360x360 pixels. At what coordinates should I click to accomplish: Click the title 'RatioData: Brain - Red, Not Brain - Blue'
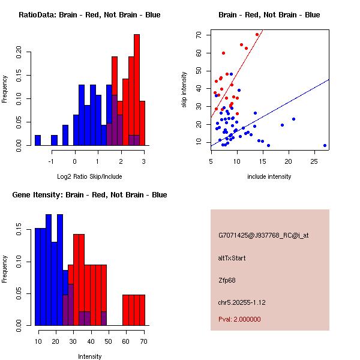(89, 15)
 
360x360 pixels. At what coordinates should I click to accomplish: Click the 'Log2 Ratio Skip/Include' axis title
(89, 177)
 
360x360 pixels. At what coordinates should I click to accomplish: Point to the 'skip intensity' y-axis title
(184, 90)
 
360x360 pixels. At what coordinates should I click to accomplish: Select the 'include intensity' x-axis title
(269, 176)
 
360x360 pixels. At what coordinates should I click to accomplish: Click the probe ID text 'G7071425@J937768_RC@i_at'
(263, 236)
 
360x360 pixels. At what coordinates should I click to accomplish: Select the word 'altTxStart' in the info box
(232, 258)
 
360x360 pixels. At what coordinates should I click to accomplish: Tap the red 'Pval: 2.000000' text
(239, 319)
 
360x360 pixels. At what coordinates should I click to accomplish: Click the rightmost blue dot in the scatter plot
(325, 145)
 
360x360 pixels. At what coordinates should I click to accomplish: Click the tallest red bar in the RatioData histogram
(137, 90)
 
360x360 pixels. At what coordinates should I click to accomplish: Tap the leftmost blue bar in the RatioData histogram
(38, 140)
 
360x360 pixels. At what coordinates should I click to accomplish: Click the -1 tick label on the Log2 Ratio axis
(52, 160)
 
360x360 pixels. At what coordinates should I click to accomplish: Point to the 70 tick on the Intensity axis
(143, 340)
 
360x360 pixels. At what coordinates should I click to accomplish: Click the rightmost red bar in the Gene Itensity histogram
(142, 310)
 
